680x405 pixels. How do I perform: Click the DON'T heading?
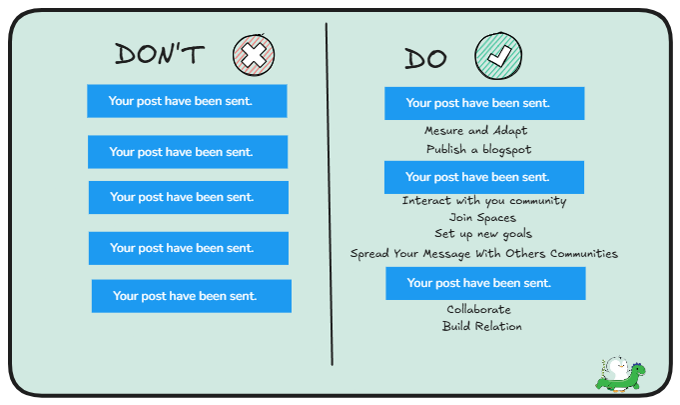pyautogui.click(x=159, y=54)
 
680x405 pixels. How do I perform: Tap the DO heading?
pyautogui.click(x=425, y=59)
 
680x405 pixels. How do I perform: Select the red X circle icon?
pyautogui.click(x=254, y=54)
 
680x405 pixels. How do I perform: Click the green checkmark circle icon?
pyautogui.click(x=498, y=54)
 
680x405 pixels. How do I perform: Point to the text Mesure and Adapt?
pyautogui.click(x=475, y=131)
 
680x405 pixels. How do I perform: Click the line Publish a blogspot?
pyautogui.click(x=478, y=149)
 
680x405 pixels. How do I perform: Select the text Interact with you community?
pyautogui.click(x=484, y=201)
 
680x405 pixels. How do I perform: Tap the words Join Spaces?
pyautogui.click(x=482, y=217)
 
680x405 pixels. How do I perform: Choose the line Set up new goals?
pyautogui.click(x=483, y=234)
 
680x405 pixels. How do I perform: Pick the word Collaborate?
pyautogui.click(x=478, y=310)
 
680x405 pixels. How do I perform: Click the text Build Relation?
pyautogui.click(x=481, y=326)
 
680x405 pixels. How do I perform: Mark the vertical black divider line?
pyautogui.click(x=329, y=200)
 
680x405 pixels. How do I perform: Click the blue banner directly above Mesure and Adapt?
pyautogui.click(x=484, y=103)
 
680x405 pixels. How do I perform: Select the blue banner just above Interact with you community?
pyautogui.click(x=484, y=177)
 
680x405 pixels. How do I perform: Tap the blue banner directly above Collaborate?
pyautogui.click(x=485, y=283)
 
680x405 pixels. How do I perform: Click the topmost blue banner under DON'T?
pyautogui.click(x=187, y=101)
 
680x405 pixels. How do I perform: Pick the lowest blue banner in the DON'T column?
pyautogui.click(x=191, y=296)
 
